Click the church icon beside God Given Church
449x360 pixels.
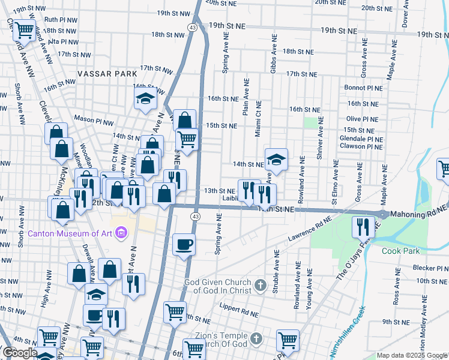[x=260, y=284]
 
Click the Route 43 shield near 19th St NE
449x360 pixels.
[x=192, y=28]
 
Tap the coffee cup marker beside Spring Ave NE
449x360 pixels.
[x=184, y=244]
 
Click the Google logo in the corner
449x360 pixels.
[x=20, y=353]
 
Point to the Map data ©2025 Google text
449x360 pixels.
[x=411, y=355]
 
